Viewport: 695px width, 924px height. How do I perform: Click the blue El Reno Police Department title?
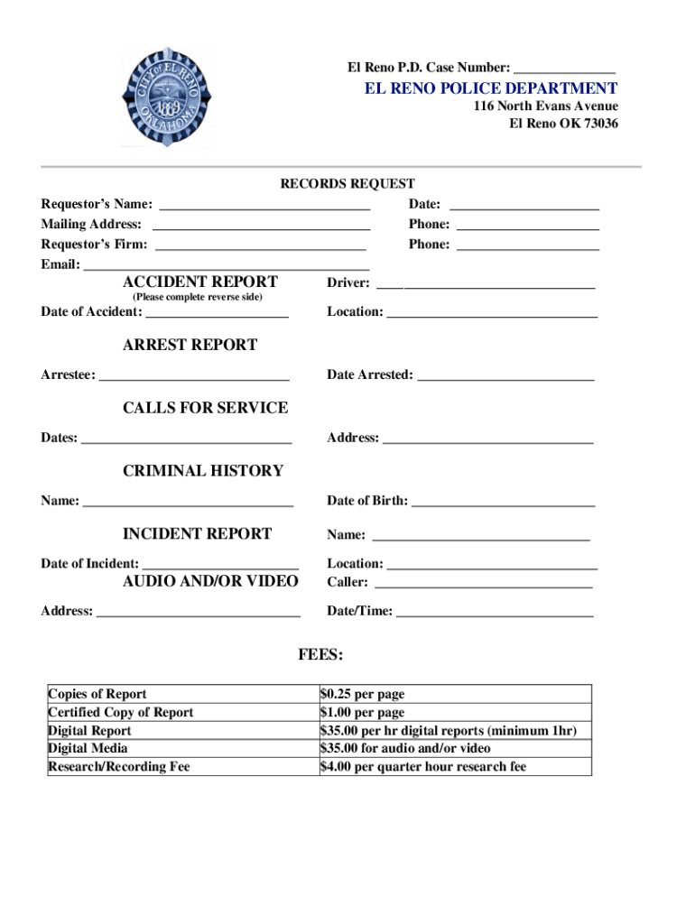coord(491,88)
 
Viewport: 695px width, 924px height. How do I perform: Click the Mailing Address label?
coord(91,225)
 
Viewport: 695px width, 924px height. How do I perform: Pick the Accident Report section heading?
coord(200,282)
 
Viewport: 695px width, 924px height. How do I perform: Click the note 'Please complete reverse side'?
coord(198,297)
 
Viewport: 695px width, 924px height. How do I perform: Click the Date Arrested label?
coord(370,374)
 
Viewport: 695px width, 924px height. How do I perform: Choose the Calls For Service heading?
coord(205,408)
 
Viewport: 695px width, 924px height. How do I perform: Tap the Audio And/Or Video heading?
coord(210,581)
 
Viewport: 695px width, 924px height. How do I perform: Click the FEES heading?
coord(320,654)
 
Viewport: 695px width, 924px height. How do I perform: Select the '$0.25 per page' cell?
coord(362,694)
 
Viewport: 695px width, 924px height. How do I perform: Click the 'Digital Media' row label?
coord(88,748)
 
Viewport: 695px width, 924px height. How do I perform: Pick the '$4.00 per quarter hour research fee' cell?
coord(422,767)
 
